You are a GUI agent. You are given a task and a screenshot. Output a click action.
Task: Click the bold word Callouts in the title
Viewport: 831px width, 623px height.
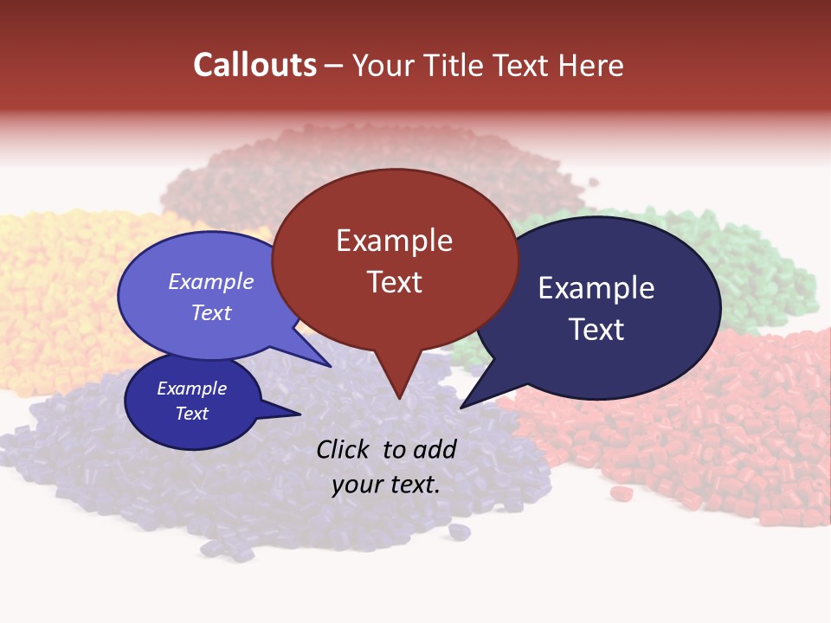[x=255, y=65]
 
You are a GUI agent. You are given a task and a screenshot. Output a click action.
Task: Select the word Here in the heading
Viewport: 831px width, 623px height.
[x=590, y=65]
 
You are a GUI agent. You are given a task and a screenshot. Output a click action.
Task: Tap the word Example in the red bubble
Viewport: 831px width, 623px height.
[x=394, y=241]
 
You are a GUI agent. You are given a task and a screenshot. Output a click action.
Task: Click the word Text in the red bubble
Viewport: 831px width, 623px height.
[x=394, y=282]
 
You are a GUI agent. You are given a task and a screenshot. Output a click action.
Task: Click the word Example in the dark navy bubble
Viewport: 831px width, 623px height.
[x=596, y=288]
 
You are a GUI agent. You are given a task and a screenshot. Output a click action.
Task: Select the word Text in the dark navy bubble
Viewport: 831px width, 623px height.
[x=596, y=330]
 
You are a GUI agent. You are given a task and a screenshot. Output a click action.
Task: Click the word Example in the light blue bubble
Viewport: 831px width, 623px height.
[x=211, y=281]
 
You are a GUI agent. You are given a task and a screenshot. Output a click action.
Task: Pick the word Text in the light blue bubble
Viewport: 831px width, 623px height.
[x=211, y=312]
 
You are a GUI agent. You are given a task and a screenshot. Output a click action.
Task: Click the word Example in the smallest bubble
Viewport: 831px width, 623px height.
[x=191, y=389]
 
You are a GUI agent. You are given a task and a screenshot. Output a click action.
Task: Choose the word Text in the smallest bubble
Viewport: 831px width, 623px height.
[x=191, y=414]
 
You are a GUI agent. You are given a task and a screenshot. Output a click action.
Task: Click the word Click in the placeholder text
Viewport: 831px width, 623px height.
[x=345, y=449]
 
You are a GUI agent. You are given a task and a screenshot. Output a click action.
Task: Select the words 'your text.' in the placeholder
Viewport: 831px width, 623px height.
[x=386, y=485]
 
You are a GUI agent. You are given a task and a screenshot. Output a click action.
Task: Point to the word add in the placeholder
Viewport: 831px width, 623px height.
[x=435, y=449]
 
